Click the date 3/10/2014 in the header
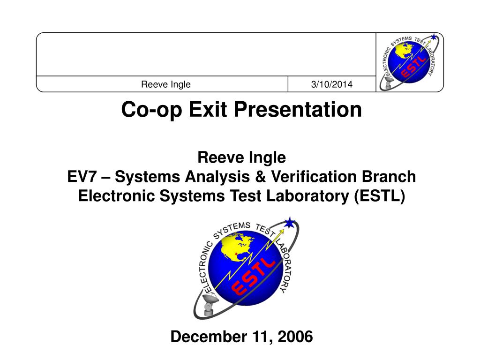[331, 84]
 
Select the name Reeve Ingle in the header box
[165, 84]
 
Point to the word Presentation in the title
[298, 109]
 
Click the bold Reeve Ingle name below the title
[241, 157]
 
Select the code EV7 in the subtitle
[82, 177]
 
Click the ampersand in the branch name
[260, 177]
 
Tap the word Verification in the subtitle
[314, 177]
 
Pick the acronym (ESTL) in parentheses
[380, 196]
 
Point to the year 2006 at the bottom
[295, 337]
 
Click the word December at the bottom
[209, 337]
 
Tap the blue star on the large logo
[289, 223]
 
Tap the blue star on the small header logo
[434, 37]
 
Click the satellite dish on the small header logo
[389, 82]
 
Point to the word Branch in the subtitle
[389, 177]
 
